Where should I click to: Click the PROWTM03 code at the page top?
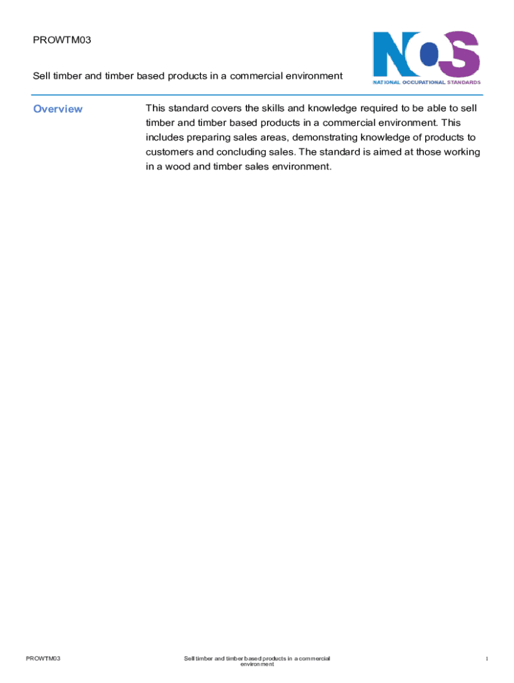tap(61, 40)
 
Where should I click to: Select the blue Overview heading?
tap(58, 109)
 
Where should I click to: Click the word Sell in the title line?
tap(43, 76)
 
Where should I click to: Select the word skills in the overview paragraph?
tap(269, 108)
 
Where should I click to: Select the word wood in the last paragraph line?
tap(179, 167)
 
